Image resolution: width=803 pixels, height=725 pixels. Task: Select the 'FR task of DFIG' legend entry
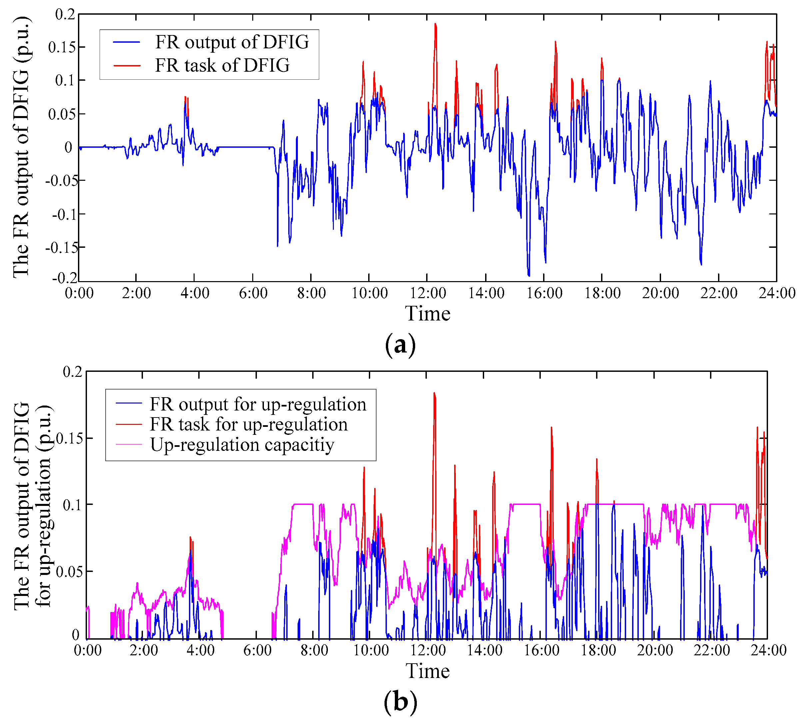pos(222,65)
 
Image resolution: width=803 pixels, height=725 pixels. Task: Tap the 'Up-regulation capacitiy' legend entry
pos(242,445)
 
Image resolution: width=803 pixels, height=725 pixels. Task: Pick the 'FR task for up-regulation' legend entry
pos(248,424)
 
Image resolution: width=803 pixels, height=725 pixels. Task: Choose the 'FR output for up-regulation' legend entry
pos(258,404)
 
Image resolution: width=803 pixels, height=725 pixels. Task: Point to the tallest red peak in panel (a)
pos(435,24)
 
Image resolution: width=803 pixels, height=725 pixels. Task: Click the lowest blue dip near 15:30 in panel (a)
pos(529,275)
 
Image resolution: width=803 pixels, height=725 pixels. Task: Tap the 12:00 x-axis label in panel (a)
pos(428,293)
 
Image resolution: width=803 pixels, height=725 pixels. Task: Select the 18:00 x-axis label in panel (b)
pos(598,651)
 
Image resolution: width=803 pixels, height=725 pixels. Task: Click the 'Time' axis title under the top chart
pos(427,313)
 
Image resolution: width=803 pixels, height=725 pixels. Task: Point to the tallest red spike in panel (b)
pos(434,393)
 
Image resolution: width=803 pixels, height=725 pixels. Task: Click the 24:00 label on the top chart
pos(776,293)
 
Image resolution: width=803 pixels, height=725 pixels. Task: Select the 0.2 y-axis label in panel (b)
pos(72,372)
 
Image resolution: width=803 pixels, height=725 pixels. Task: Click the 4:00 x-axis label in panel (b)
pos(201,651)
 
